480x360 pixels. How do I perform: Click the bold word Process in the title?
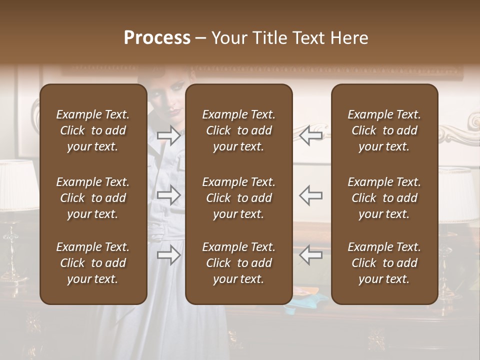pyautogui.click(x=157, y=38)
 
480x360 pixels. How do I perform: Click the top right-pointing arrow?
pyautogui.click(x=168, y=135)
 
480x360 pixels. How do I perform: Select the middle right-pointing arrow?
pyautogui.click(x=168, y=195)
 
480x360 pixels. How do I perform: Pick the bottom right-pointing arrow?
pyautogui.click(x=168, y=255)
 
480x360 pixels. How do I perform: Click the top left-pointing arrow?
pyautogui.click(x=311, y=135)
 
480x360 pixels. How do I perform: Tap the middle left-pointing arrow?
pyautogui.click(x=311, y=195)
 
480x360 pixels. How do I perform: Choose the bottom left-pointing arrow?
pyautogui.click(x=311, y=255)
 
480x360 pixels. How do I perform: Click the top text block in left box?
pyautogui.click(x=93, y=130)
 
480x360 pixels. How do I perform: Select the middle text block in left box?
pyautogui.click(x=93, y=198)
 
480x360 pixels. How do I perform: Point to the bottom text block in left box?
pyautogui.click(x=93, y=263)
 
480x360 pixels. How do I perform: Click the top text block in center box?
pyautogui.click(x=239, y=130)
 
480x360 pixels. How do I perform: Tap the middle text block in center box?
pyautogui.click(x=239, y=198)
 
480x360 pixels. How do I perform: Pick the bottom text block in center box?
pyautogui.click(x=239, y=263)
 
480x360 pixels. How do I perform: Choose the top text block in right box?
pyautogui.click(x=384, y=130)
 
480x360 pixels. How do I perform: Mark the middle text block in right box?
pyautogui.click(x=384, y=198)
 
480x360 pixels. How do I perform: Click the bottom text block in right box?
pyautogui.click(x=384, y=263)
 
